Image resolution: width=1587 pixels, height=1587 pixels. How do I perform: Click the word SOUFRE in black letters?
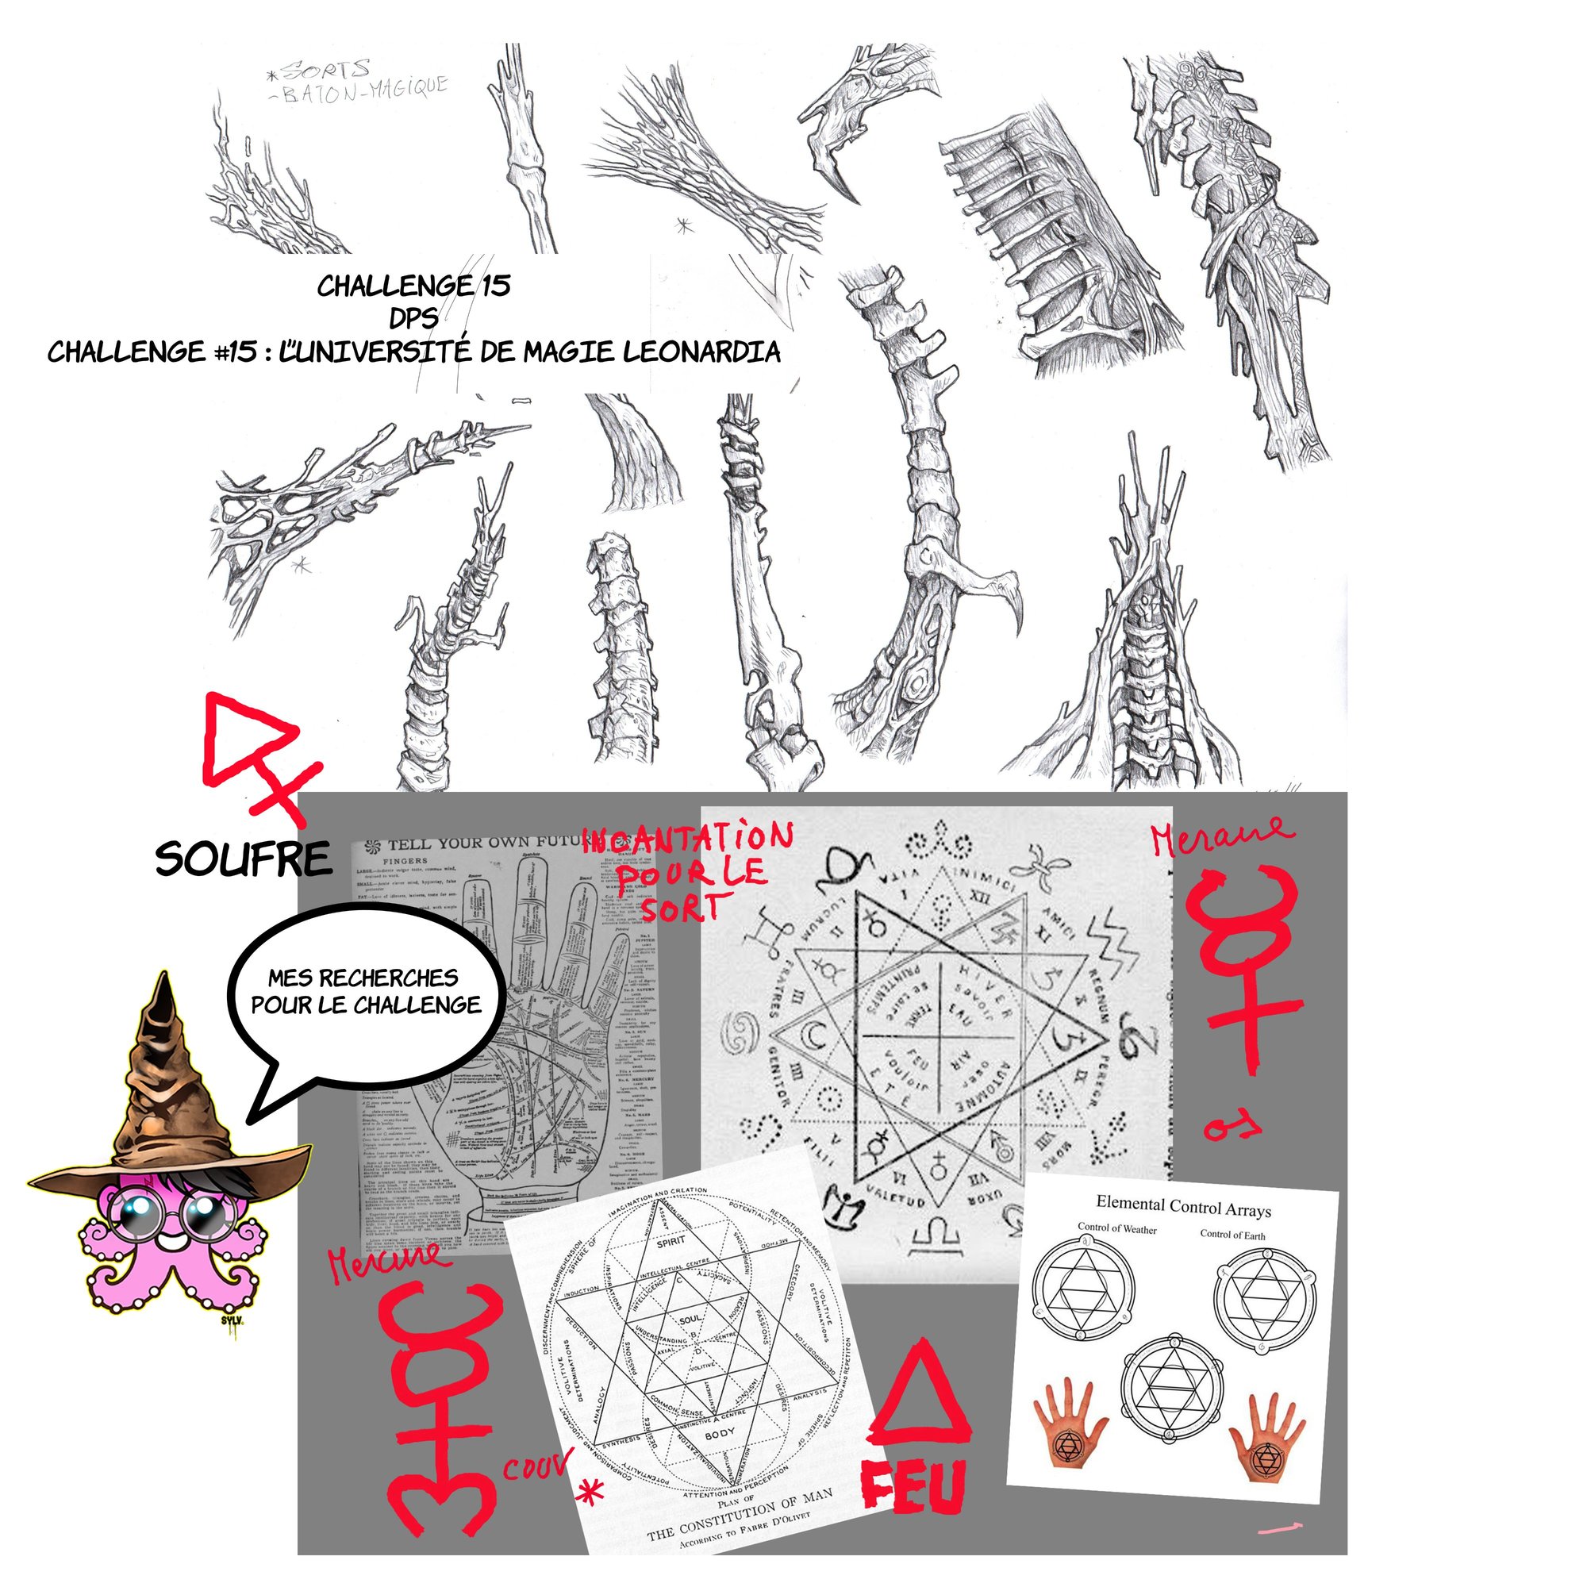tap(243, 860)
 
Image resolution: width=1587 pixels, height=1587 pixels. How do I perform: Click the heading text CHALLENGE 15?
tap(413, 286)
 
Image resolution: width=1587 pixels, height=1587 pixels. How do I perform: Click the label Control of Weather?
tap(1116, 1229)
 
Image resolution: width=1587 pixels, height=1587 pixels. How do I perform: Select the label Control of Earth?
tap(1232, 1235)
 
